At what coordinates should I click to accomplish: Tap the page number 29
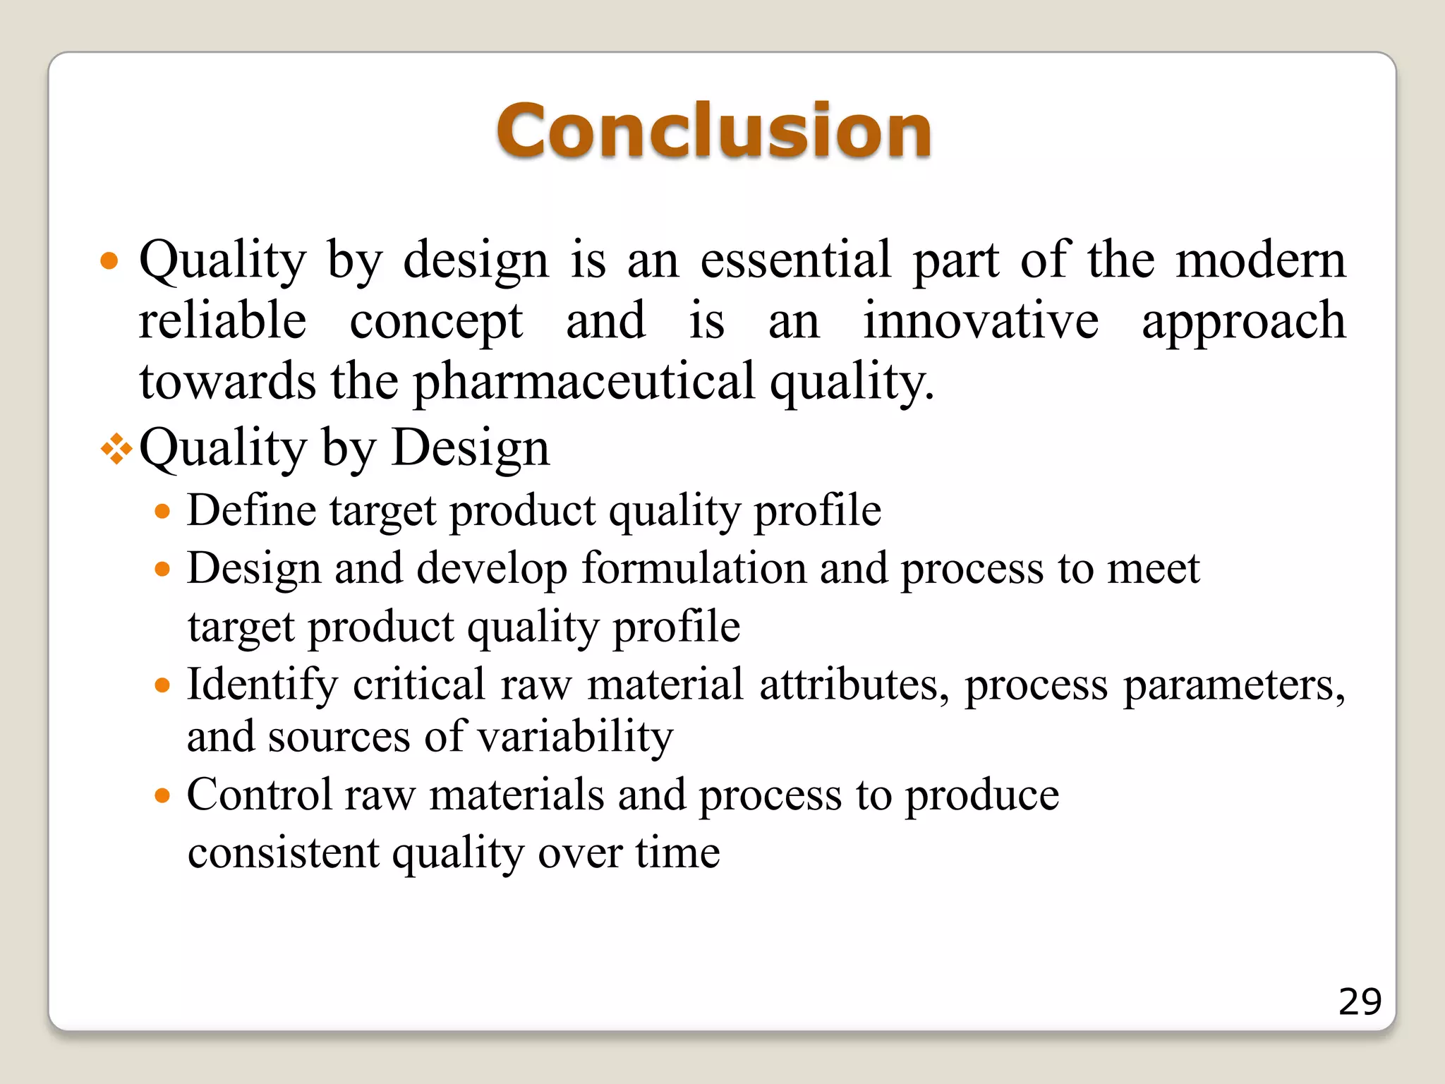[x=1360, y=1001]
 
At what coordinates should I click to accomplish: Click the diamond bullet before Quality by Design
[x=116, y=449]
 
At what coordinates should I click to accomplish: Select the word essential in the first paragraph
[x=796, y=260]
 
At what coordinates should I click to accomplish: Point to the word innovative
[x=981, y=321]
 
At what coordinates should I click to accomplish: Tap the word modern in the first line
[x=1261, y=260]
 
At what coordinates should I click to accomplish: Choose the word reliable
[x=222, y=321]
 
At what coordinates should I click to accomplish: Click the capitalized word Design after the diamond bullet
[x=470, y=447]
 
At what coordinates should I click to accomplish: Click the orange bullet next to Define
[x=163, y=511]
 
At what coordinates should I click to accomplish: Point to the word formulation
[x=694, y=568]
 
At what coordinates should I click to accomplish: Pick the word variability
[x=575, y=737]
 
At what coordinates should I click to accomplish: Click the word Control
[x=260, y=795]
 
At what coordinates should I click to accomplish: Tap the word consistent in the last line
[x=284, y=853]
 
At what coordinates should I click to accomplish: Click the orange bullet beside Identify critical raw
[x=163, y=685]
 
